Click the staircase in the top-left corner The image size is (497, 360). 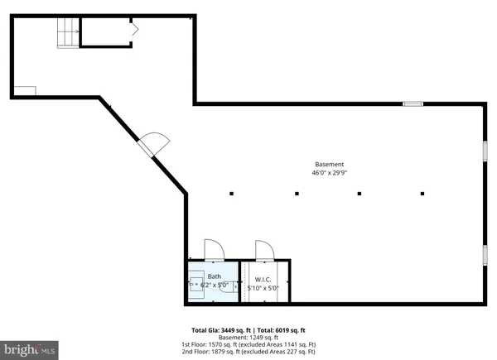tap(66, 34)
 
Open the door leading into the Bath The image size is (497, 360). tap(212, 249)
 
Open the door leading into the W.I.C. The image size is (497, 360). tap(264, 249)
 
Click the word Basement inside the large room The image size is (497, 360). tap(329, 164)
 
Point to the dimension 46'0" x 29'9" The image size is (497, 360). tap(329, 174)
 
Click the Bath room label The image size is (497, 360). tap(215, 276)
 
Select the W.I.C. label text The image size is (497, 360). tap(263, 279)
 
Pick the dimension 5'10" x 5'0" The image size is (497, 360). tap(264, 287)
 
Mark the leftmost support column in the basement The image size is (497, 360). tap(232, 194)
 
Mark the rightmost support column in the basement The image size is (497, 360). tap(422, 194)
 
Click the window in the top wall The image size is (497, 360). tap(413, 103)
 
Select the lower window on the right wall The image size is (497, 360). tap(485, 255)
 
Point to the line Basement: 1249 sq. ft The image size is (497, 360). tap(248, 338)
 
